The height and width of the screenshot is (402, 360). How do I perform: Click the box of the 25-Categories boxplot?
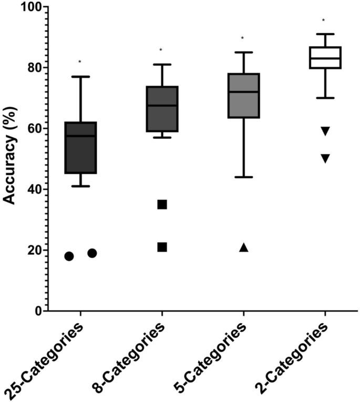80,147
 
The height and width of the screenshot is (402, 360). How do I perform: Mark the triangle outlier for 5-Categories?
244,247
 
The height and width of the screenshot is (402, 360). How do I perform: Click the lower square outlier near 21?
162,247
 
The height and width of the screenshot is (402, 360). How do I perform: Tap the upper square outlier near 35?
162,204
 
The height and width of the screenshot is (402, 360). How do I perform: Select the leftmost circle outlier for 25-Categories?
69,256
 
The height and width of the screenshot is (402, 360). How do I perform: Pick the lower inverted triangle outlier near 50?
325,158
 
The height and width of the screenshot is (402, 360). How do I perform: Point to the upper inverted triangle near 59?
325,131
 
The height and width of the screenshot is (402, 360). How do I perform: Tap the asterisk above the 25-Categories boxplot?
80,62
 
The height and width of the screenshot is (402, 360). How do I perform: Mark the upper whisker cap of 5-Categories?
243,52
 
